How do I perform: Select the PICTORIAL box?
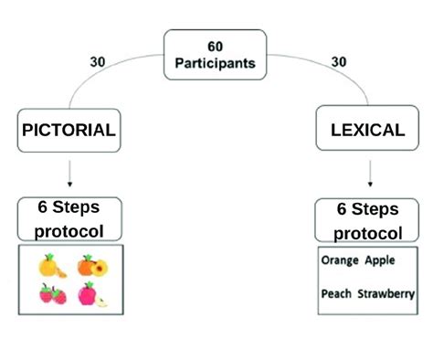pos(69,130)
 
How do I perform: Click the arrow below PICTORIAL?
pos(69,175)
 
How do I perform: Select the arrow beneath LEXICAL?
pos(369,175)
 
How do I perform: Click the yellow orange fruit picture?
pos(51,267)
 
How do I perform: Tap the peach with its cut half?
pos(90,266)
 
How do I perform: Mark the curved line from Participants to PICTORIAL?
pos(110,79)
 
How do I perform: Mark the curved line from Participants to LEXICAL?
pos(320,79)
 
